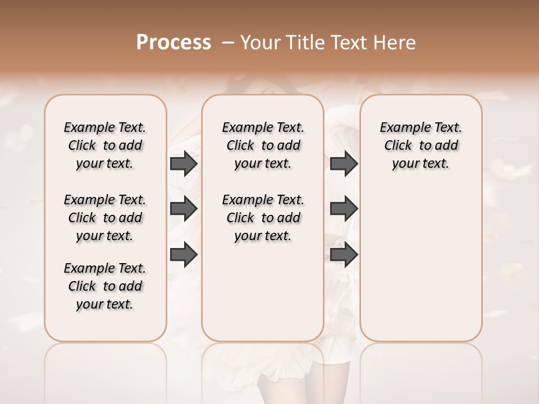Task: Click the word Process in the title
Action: tap(173, 43)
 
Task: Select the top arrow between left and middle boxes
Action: tap(184, 164)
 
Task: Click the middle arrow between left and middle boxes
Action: tap(184, 209)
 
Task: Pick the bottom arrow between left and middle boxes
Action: tap(184, 255)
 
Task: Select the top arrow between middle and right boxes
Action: tap(344, 164)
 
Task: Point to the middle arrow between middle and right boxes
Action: tap(344, 209)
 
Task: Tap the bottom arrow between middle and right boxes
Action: tap(344, 255)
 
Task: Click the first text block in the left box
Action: tap(105, 145)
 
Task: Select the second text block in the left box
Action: tap(105, 218)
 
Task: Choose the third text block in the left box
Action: tap(105, 286)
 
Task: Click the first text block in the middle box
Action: tap(263, 145)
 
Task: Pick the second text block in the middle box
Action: tap(263, 218)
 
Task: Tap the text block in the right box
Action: tap(421, 145)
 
